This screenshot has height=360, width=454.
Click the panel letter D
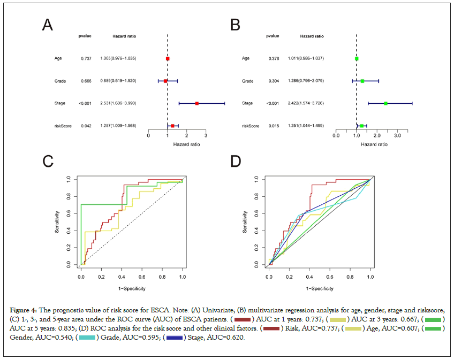235,161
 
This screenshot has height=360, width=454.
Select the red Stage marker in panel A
197,103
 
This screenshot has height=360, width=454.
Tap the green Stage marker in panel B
385,103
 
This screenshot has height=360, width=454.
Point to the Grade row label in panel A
60,81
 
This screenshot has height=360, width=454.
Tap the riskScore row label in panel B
251,126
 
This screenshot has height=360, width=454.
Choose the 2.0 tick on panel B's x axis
377,136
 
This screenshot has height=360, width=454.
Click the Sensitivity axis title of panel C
57,221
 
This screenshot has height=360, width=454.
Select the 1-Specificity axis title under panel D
320,288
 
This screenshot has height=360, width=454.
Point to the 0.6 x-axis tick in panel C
142,278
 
